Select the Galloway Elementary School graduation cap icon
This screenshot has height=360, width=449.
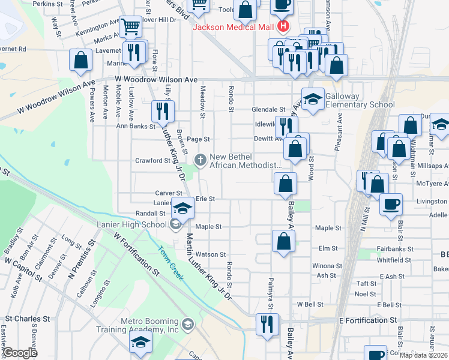312,99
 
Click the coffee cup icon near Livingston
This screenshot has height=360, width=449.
391,204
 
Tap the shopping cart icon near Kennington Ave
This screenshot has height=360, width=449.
129,26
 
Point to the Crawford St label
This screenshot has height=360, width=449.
148,161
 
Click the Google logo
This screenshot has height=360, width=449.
20,353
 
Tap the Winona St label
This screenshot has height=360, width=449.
327,265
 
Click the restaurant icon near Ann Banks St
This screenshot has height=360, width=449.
162,111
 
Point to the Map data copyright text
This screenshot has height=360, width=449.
423,355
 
